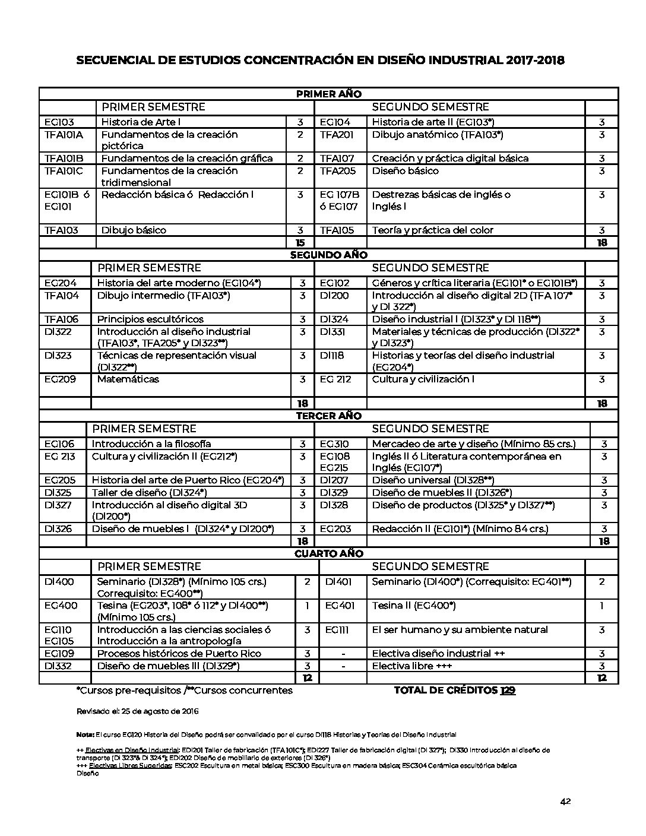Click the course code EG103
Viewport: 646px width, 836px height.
(x=59, y=122)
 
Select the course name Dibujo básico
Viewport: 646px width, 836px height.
(x=134, y=230)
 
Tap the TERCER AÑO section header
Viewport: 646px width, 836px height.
(x=328, y=416)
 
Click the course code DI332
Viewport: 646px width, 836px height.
(x=58, y=666)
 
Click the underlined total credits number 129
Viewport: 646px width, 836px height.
(x=508, y=691)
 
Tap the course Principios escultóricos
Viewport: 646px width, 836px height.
(x=150, y=319)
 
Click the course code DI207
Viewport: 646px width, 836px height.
(x=334, y=480)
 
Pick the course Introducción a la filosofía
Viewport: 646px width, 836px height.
(x=151, y=444)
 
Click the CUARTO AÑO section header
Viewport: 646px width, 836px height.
(x=328, y=553)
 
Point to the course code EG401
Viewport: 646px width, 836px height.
(x=340, y=606)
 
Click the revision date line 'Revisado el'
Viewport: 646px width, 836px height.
(x=137, y=711)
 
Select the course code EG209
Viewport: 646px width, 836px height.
(x=60, y=379)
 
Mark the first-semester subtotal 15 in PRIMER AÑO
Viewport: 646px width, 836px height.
(x=300, y=243)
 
